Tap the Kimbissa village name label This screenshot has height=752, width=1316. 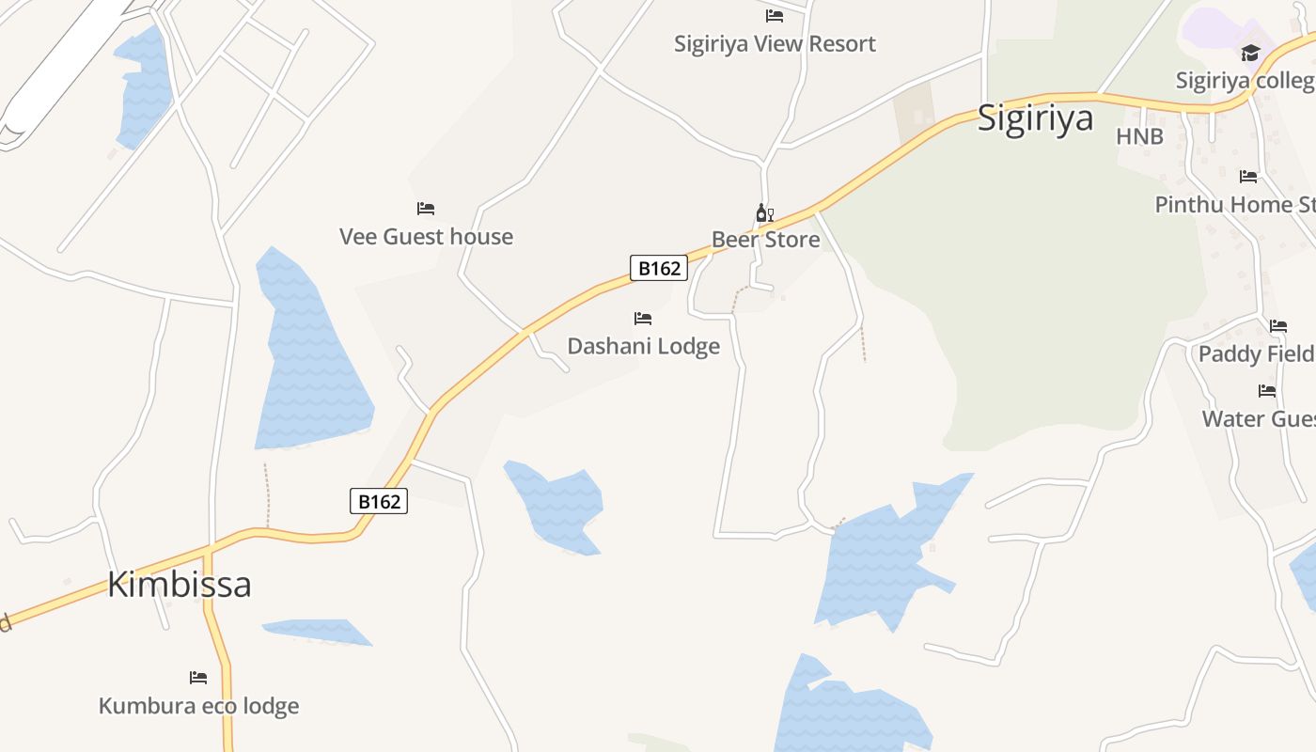[x=179, y=584]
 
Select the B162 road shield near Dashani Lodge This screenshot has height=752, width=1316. [x=659, y=268]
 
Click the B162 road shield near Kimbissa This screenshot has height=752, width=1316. [x=380, y=501]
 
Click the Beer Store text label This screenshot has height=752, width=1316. [x=765, y=240]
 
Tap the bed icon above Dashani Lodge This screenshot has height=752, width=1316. [x=643, y=319]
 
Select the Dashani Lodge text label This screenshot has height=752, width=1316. [x=643, y=346]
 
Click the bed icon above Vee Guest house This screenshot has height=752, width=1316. [x=426, y=208]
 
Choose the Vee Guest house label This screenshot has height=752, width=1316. [x=426, y=236]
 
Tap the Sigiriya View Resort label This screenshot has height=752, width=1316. [x=775, y=43]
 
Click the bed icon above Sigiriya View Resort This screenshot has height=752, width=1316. [x=775, y=15]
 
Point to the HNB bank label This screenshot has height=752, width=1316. [x=1139, y=136]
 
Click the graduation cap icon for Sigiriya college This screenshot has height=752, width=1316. [x=1250, y=53]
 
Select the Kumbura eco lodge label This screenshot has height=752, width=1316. [x=198, y=705]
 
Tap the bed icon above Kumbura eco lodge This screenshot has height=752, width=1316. [x=198, y=677]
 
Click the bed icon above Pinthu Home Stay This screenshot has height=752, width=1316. [x=1248, y=176]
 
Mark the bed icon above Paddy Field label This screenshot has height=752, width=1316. [x=1278, y=326]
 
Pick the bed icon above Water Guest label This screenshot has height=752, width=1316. [x=1267, y=390]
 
